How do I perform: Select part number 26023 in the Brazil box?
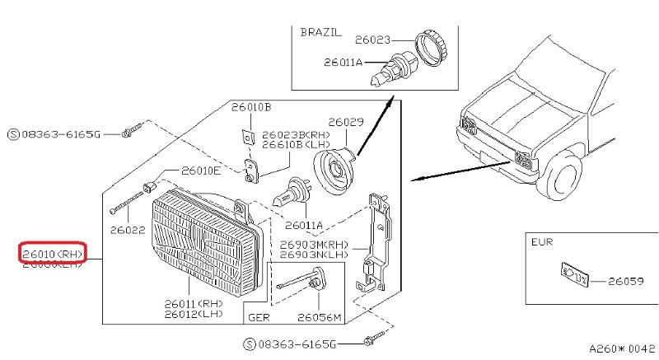click(x=372, y=38)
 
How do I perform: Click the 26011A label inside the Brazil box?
click(x=341, y=60)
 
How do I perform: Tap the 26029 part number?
click(x=346, y=122)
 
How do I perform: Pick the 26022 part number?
click(x=127, y=230)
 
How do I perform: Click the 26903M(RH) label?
click(x=314, y=245)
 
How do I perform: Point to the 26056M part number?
click(x=319, y=316)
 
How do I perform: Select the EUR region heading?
click(x=544, y=244)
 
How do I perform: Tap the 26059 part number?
click(x=626, y=281)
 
